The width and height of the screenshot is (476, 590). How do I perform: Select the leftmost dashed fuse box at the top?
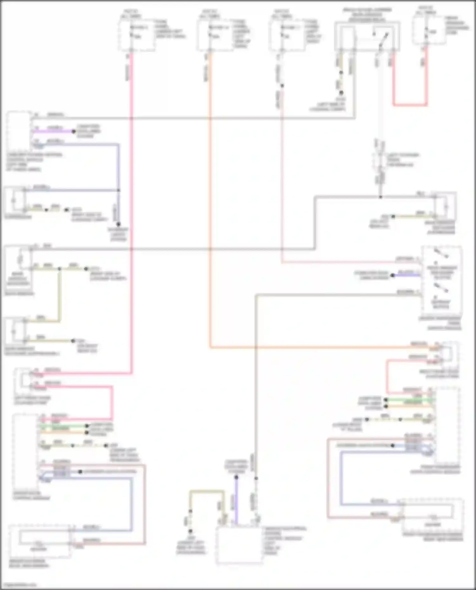click(x=137, y=34)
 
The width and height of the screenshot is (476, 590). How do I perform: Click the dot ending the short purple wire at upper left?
click(x=73, y=131)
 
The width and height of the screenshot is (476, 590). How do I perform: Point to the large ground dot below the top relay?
click(x=341, y=93)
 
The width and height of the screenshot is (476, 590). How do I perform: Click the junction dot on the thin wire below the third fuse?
click(x=282, y=86)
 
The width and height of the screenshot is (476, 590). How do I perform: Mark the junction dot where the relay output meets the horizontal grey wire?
click(x=380, y=197)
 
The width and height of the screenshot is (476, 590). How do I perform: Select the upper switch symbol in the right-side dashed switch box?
click(x=441, y=254)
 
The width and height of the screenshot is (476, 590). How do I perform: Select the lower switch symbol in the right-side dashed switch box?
click(x=441, y=289)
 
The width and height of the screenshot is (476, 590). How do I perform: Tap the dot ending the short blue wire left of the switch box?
click(x=393, y=275)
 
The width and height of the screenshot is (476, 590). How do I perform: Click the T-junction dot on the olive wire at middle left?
click(x=60, y=269)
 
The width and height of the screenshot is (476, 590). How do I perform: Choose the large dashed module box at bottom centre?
click(x=240, y=546)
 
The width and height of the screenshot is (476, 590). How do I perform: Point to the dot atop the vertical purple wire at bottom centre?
click(x=236, y=477)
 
